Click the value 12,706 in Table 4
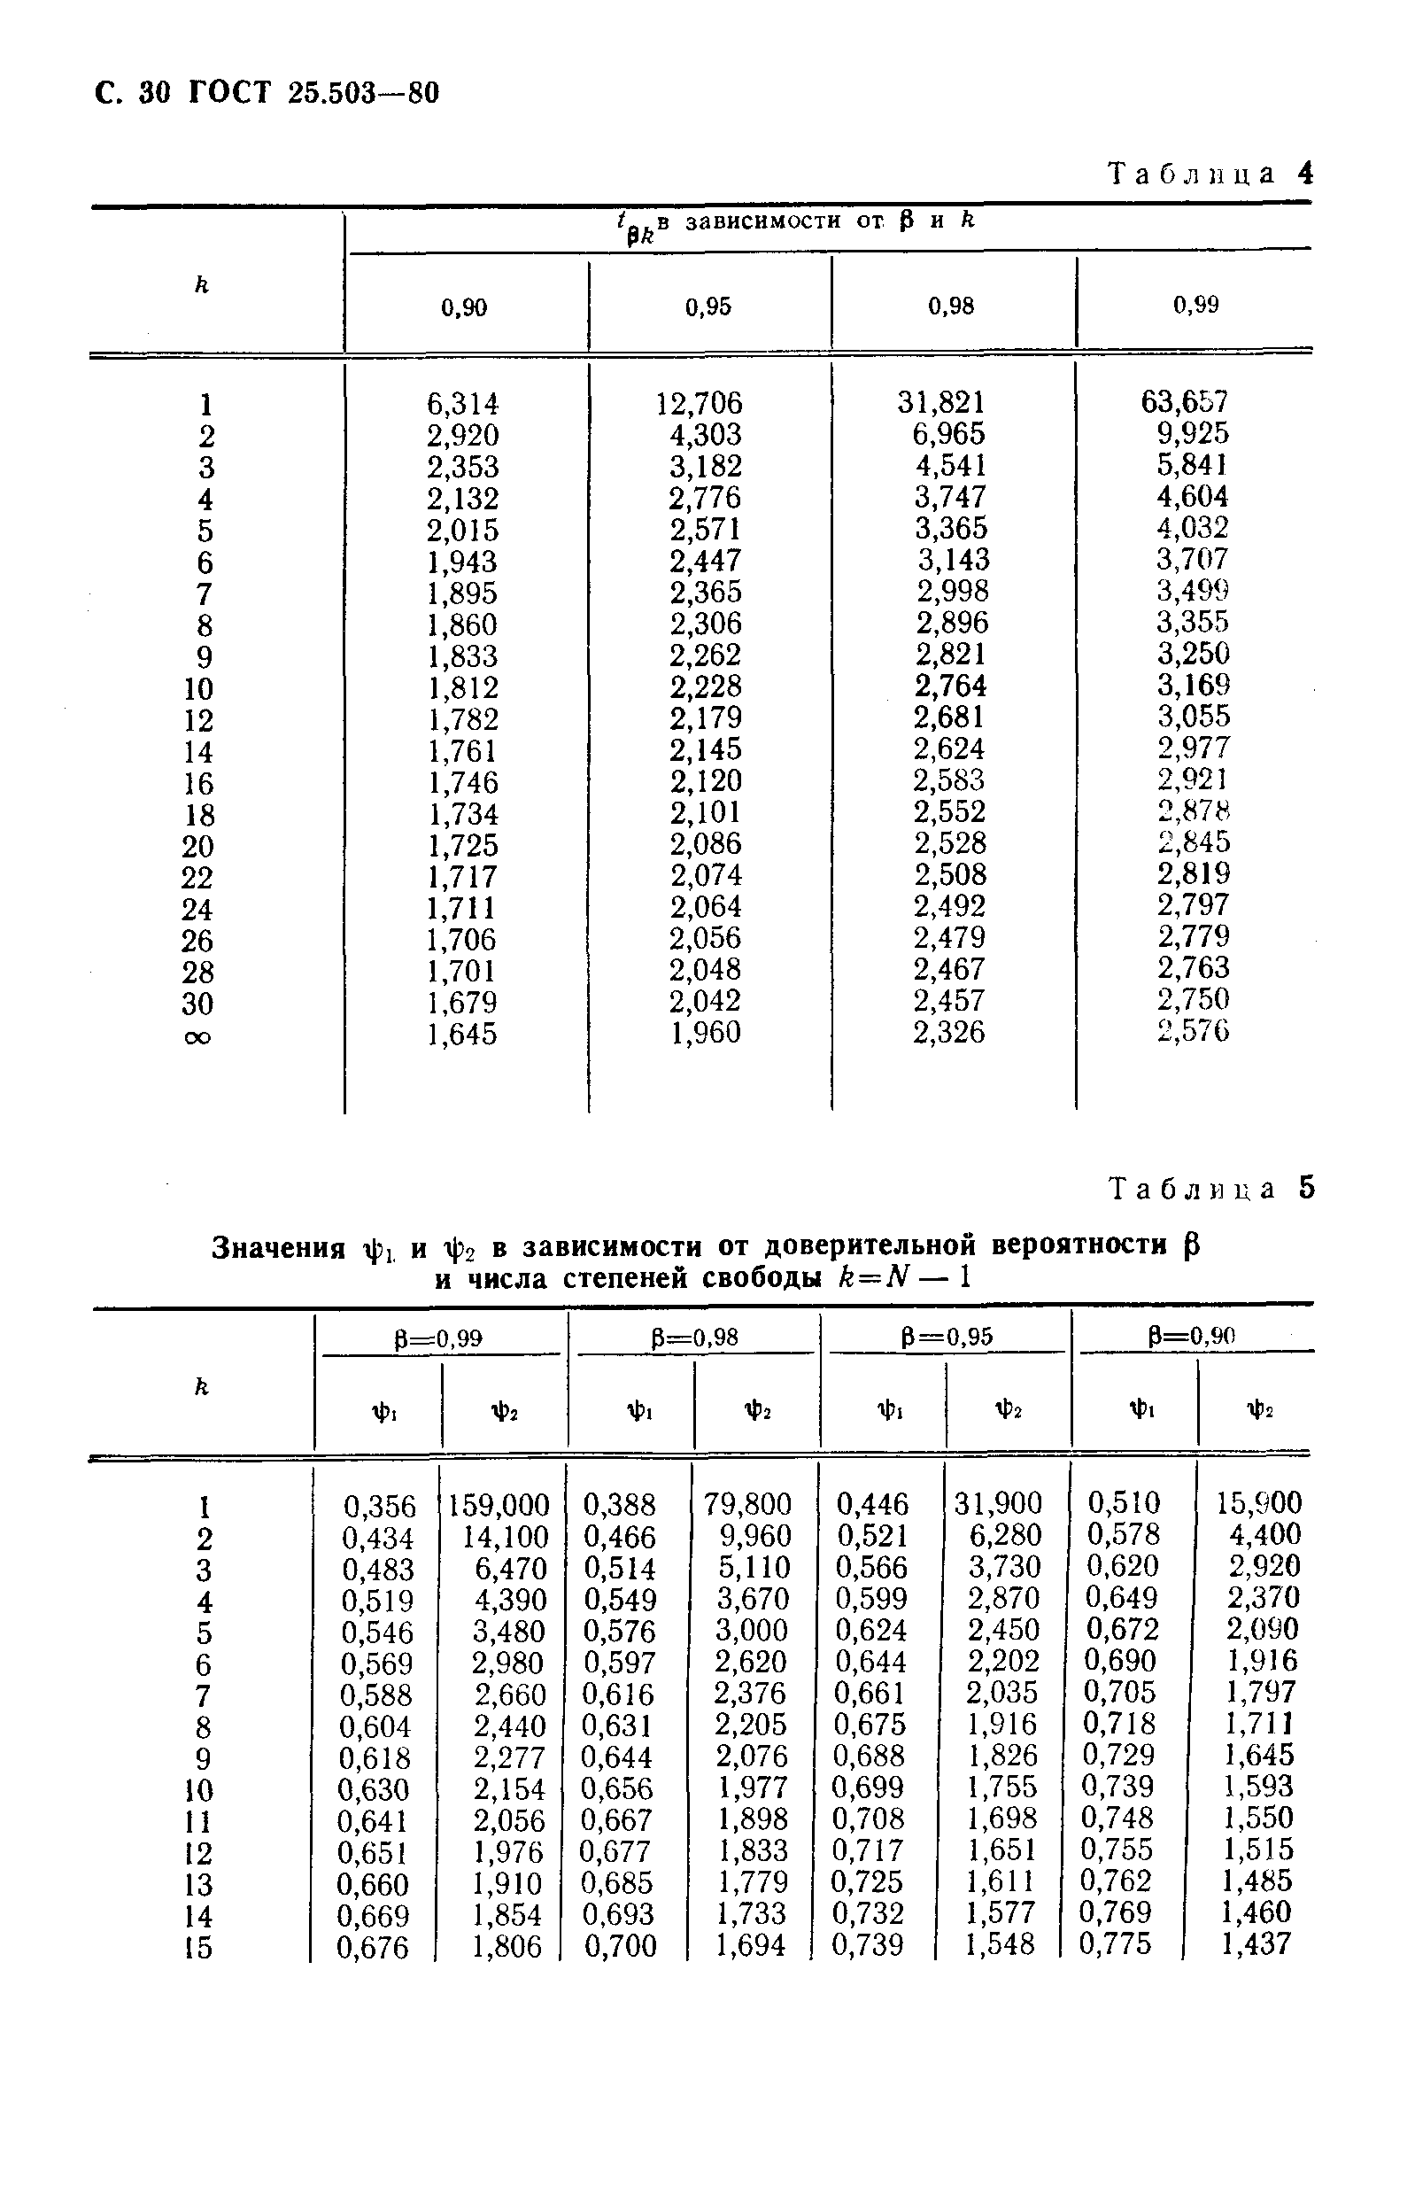pos(700,403)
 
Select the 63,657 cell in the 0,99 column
pos(1185,401)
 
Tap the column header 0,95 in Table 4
pos(708,306)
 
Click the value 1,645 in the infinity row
pos(462,1035)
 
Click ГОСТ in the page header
pos(230,93)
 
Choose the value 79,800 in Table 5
pos(748,1503)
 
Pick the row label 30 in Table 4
pos(197,1004)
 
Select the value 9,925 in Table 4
pos(1193,433)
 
